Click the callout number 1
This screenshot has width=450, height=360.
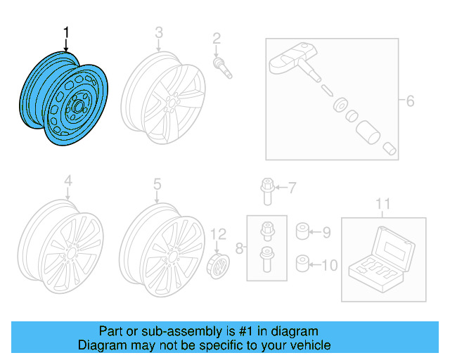pyautogui.click(x=67, y=32)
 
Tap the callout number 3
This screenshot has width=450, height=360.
pyautogui.click(x=158, y=32)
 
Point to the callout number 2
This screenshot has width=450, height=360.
pyautogui.click(x=217, y=38)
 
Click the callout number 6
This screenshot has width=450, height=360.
pyautogui.click(x=409, y=101)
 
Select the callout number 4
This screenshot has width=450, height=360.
pyautogui.click(x=68, y=182)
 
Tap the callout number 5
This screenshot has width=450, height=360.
pyautogui.click(x=157, y=184)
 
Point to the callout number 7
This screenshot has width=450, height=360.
pyautogui.click(x=292, y=186)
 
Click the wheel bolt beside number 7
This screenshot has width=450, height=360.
pyautogui.click(x=266, y=191)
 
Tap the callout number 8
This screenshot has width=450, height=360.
pyautogui.click(x=239, y=247)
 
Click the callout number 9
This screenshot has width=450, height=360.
pyautogui.click(x=326, y=231)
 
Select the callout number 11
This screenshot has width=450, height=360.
pyautogui.click(x=382, y=205)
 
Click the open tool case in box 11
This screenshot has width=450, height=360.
pyautogui.click(x=383, y=257)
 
